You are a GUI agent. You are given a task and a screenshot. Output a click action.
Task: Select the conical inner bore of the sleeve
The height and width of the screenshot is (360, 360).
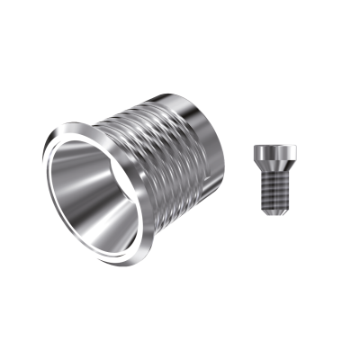coord(103,193)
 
